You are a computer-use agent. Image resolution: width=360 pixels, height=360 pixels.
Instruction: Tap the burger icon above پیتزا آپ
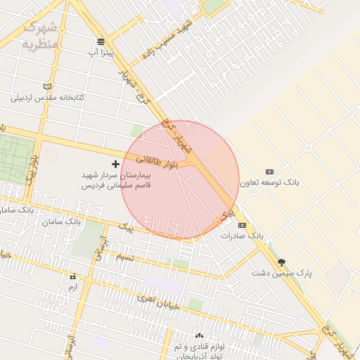(x=101, y=41)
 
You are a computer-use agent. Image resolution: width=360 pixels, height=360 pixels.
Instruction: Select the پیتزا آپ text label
(x=101, y=52)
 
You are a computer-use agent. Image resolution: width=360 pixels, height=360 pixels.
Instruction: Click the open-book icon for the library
(x=47, y=86)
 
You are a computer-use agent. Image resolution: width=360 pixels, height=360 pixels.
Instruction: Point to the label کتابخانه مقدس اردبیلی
(x=47, y=97)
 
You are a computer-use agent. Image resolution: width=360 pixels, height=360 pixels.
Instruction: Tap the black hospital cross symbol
(x=115, y=164)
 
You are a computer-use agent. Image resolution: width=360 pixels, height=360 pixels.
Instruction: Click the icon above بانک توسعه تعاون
(x=269, y=172)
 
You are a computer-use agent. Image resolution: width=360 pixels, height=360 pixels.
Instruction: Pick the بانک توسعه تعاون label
(x=269, y=182)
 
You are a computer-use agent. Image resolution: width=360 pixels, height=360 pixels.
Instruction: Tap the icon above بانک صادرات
(x=242, y=225)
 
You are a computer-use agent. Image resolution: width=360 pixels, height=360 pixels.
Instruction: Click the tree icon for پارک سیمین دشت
(x=281, y=262)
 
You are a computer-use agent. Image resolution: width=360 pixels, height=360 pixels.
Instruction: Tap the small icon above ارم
(x=72, y=277)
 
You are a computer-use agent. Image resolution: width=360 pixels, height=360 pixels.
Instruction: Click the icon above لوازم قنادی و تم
(x=199, y=336)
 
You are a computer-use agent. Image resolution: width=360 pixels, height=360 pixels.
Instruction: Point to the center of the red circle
(x=180, y=180)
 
